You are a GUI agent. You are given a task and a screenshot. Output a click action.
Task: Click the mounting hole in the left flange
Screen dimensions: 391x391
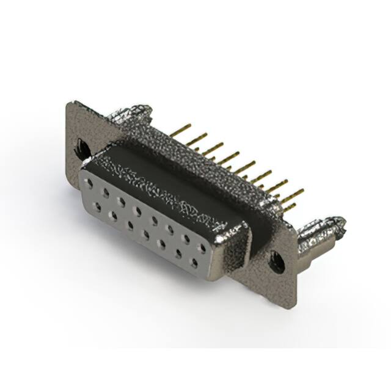80,147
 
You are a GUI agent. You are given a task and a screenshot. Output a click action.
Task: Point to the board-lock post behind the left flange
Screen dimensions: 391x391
125,115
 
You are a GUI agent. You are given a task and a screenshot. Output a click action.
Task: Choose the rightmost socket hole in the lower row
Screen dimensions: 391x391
194,262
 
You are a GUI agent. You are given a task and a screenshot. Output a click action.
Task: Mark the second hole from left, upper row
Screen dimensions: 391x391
106,194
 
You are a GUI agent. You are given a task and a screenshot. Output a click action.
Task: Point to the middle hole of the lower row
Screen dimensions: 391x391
146,233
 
